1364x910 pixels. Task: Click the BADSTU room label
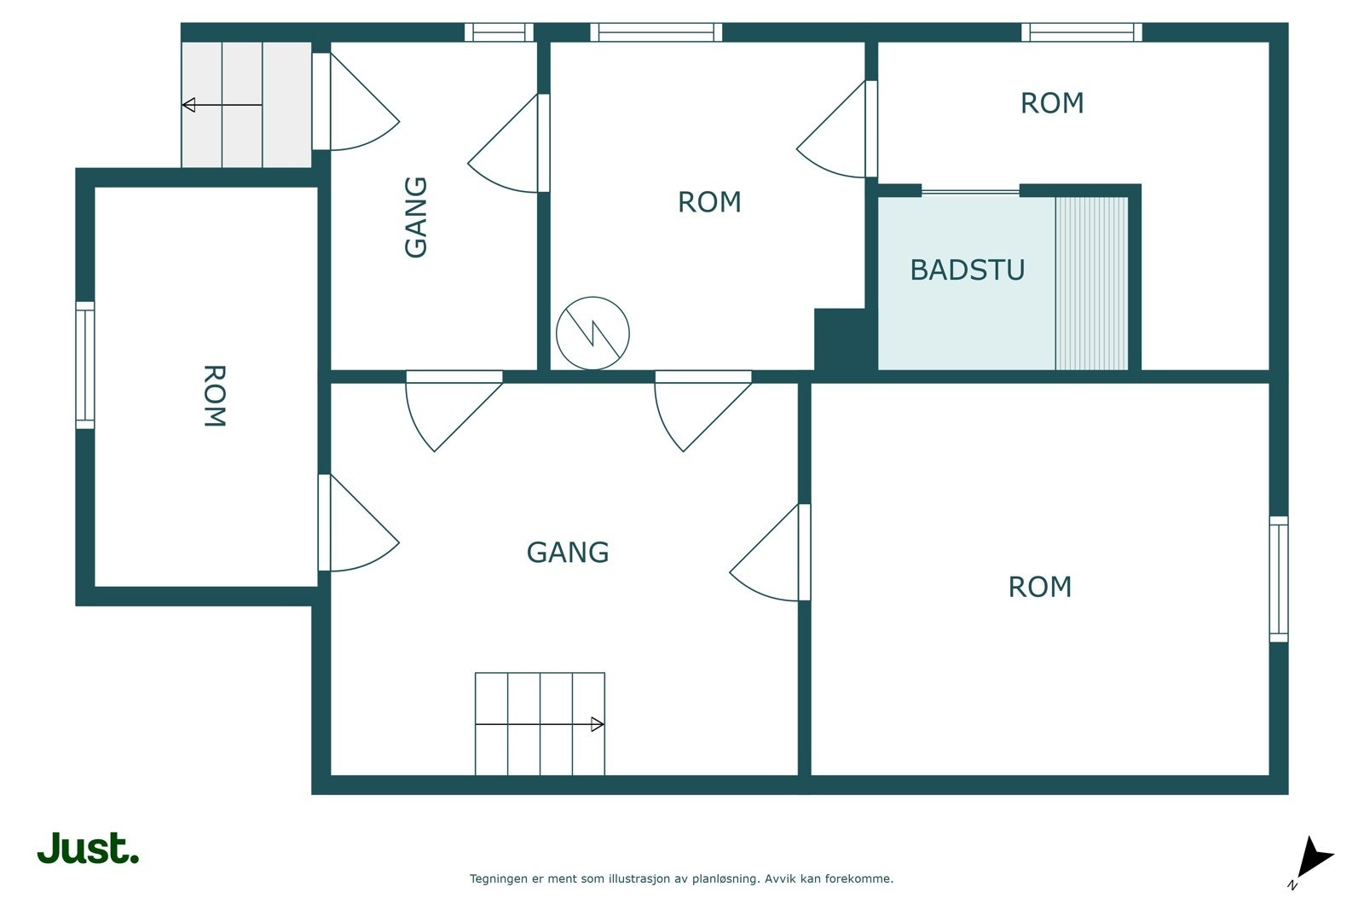[967, 270]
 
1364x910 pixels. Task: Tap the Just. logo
[89, 849]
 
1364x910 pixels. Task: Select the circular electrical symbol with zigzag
[592, 333]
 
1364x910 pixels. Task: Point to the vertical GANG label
[416, 217]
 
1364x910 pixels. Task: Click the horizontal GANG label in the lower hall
[568, 553]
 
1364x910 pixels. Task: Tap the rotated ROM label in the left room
[214, 396]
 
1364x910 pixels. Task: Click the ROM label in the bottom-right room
[1039, 587]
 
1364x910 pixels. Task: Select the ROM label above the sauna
[1052, 103]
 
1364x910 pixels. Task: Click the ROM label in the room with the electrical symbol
[709, 202]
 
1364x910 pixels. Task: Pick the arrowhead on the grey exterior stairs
[188, 105]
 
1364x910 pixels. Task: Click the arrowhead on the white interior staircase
[598, 724]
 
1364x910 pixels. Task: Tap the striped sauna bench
[1091, 283]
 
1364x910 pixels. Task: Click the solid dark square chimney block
[840, 339]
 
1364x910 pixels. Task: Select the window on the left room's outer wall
[85, 366]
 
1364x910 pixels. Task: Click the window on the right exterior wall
[1279, 579]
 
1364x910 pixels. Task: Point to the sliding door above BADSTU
[971, 193]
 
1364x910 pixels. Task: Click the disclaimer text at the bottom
[681, 879]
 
